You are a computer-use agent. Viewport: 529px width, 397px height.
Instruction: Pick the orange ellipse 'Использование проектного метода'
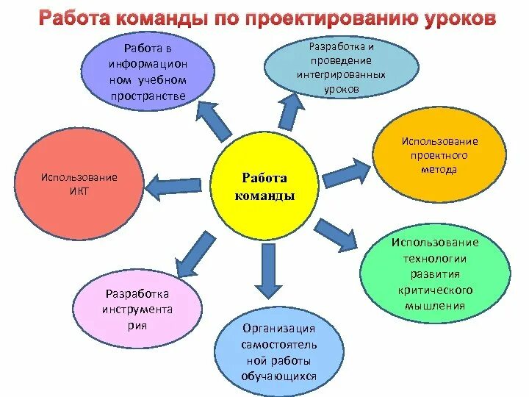(x=439, y=157)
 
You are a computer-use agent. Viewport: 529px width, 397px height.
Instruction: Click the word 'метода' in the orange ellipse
(x=439, y=169)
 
